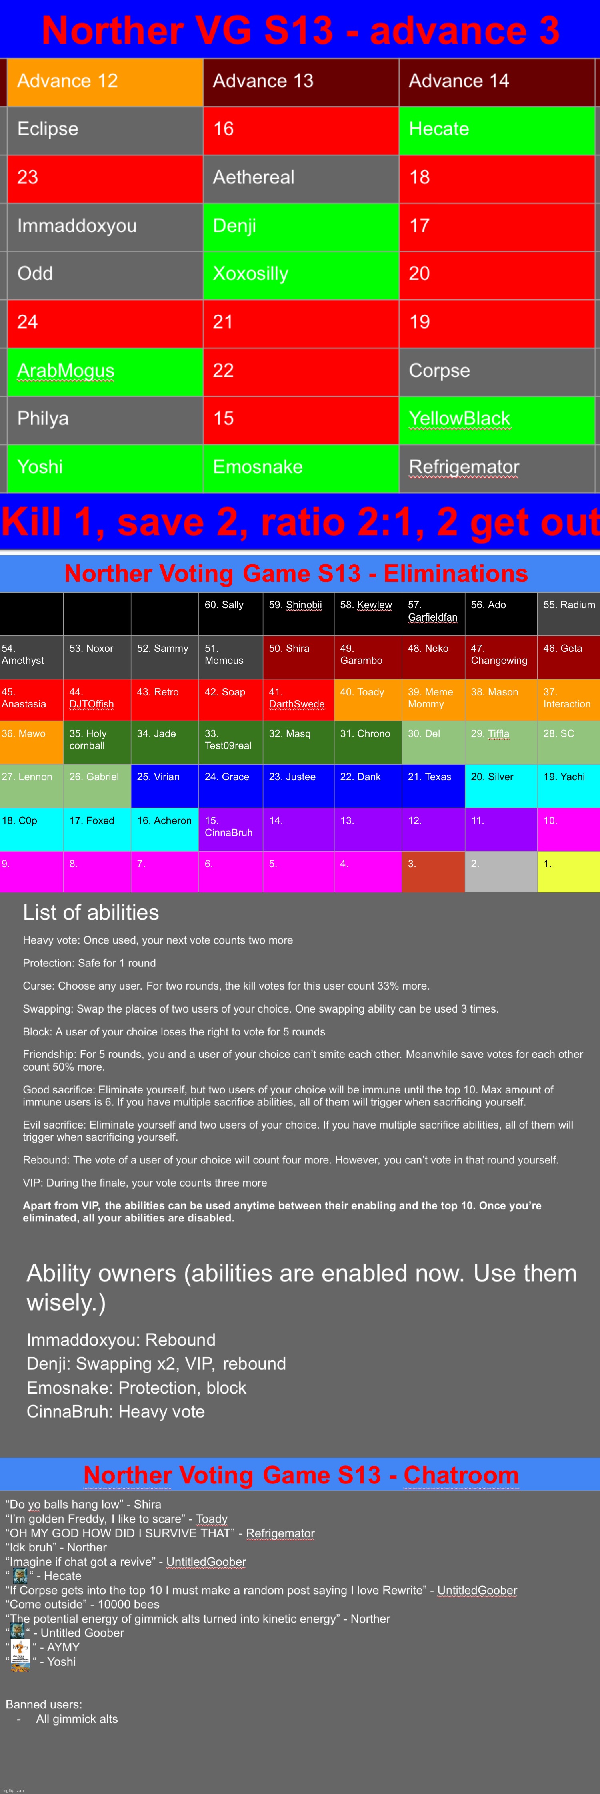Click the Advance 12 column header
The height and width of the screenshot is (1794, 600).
pos(104,82)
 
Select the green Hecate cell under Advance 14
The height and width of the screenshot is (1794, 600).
pos(496,130)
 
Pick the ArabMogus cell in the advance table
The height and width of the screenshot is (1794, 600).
pos(104,371)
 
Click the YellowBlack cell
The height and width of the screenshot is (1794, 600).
pos(496,419)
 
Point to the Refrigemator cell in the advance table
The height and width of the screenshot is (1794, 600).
pos(496,467)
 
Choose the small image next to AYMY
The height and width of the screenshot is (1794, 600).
pos(20,1648)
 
